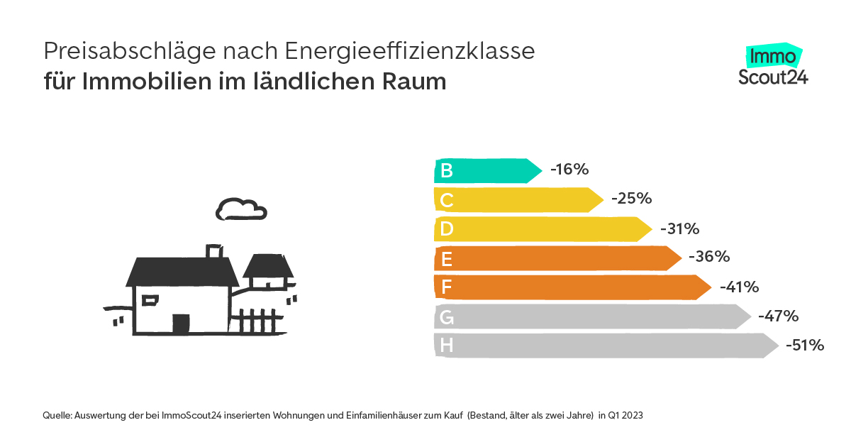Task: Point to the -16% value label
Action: click(569, 170)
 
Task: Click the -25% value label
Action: click(631, 199)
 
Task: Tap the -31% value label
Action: click(679, 228)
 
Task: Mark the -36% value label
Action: click(709, 257)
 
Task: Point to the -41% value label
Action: click(739, 287)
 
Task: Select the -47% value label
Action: click(778, 316)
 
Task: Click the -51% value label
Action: click(804, 346)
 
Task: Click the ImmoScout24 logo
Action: click(773, 65)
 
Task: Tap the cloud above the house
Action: click(241, 209)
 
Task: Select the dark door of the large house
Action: click(182, 324)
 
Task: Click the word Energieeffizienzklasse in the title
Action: click(410, 51)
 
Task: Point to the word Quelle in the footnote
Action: click(57, 416)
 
